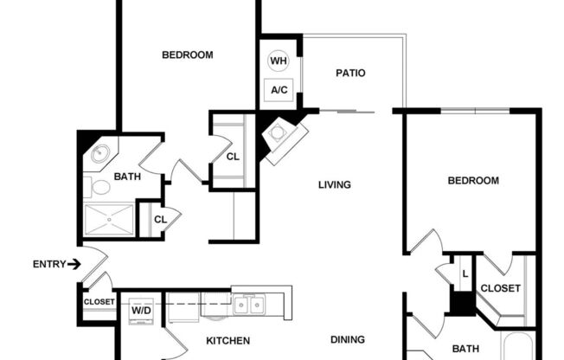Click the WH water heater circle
(x=279, y=61)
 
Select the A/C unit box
(x=279, y=89)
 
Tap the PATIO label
(x=350, y=74)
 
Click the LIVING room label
(x=334, y=184)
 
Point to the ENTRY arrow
(x=74, y=264)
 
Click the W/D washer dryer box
(x=141, y=309)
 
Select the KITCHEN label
(x=228, y=341)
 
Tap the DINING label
(x=347, y=340)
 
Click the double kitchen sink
(x=248, y=305)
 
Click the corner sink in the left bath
(x=99, y=155)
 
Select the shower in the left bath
(x=109, y=220)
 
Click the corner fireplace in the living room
(x=281, y=136)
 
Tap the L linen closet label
(x=465, y=273)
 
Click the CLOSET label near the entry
(x=99, y=302)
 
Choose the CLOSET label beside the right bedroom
(x=500, y=288)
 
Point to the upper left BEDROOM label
(x=188, y=55)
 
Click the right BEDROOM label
(x=473, y=181)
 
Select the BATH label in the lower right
(x=465, y=350)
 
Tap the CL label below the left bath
(x=160, y=219)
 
